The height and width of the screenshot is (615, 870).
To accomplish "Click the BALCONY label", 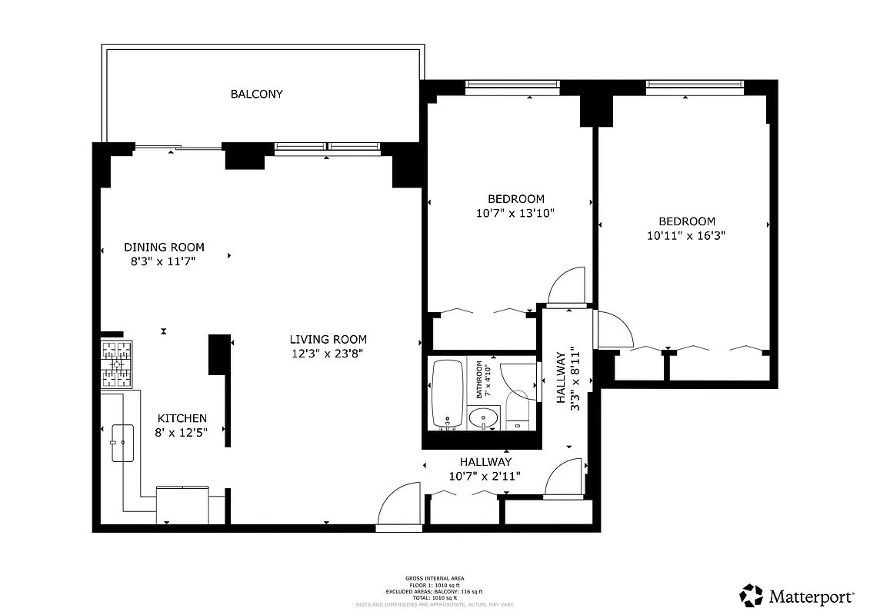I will tap(257, 95).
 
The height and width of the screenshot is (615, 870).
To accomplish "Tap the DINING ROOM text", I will tap(165, 248).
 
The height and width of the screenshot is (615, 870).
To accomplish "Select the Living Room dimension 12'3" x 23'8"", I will tap(328, 354).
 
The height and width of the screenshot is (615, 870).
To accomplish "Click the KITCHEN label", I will tap(182, 418).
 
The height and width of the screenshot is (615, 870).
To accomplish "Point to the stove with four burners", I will tap(117, 364).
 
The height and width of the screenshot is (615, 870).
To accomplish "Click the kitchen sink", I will tap(122, 443).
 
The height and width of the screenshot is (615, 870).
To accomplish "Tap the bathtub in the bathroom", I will tap(447, 394).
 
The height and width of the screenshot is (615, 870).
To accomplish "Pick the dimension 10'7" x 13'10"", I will tap(515, 214).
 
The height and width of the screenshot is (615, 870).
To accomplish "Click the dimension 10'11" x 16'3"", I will tap(686, 235).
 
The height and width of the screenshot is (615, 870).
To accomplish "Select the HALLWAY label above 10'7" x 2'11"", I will tap(485, 462).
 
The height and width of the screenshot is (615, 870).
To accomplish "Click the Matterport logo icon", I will tap(752, 596).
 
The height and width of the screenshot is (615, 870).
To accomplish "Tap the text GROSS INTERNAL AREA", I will tap(435, 577).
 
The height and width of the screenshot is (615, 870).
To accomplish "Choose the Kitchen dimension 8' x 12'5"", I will tap(182, 433).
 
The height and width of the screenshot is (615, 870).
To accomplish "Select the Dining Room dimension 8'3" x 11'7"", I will tap(164, 262).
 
